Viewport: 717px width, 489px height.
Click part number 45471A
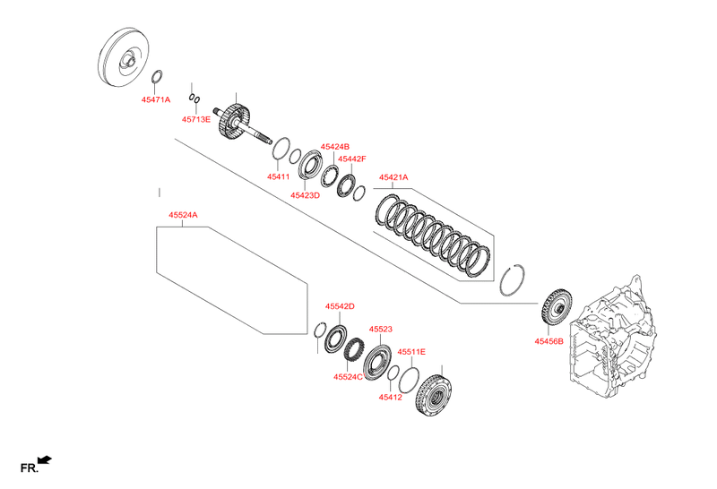pos(156,100)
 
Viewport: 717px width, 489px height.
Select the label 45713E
pos(196,119)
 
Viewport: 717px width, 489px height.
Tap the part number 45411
pos(278,176)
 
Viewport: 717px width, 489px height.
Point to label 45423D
pos(305,194)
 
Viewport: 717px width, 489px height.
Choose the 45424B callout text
pos(334,146)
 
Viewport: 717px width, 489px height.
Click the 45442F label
pos(351,159)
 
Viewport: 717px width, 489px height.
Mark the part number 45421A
pos(393,177)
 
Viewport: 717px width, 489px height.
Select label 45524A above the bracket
pos(183,215)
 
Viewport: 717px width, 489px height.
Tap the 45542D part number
pos(340,306)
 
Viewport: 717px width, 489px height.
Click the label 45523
pos(381,330)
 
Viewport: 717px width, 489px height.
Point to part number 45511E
pos(411,352)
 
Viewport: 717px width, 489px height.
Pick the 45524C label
pos(347,377)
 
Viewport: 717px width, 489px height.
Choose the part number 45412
pos(390,397)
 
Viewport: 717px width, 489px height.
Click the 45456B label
pos(549,341)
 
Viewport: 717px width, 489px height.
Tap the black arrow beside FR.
pos(45,460)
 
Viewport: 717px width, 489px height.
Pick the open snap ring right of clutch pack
pos(515,278)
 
